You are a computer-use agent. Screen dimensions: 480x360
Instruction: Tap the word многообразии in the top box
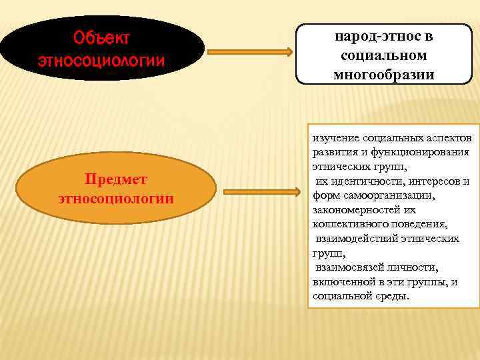pos(383,74)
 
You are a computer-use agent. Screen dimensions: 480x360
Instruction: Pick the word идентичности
pos(367,181)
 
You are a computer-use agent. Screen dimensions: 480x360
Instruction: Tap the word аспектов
pos(449,137)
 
